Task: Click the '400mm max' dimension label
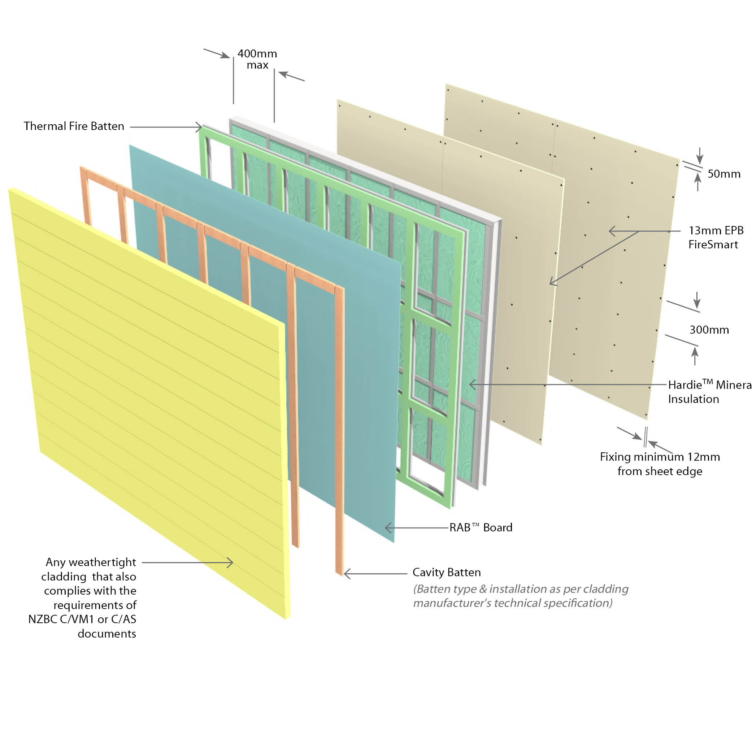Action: tap(257, 59)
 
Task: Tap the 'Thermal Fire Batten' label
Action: tap(74, 126)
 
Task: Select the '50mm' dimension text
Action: tap(723, 174)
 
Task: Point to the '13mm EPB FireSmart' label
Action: tap(716, 238)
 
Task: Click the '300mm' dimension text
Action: tap(709, 330)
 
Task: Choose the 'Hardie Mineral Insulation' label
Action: tap(708, 392)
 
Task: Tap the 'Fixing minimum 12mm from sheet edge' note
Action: tap(660, 464)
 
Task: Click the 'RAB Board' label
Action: tap(481, 527)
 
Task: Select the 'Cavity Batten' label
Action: tap(447, 572)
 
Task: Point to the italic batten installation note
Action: tap(520, 596)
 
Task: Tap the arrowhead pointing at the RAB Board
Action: tap(387, 528)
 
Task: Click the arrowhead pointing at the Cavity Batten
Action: tap(346, 574)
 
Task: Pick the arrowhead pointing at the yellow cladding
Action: tap(231, 562)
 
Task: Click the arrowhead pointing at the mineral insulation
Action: tap(471, 384)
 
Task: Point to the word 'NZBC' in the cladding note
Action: tap(43, 619)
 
